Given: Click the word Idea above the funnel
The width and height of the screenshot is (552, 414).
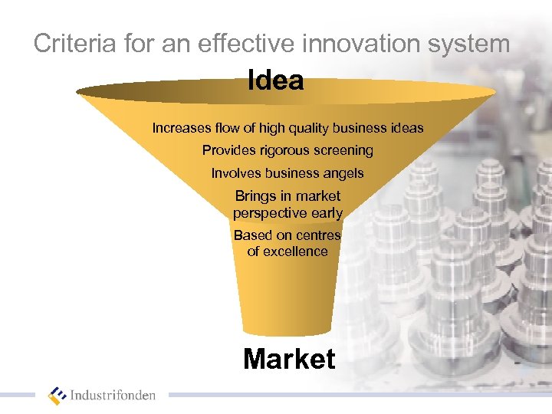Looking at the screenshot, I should tap(276, 80).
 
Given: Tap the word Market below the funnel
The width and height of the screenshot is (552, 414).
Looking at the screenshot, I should tap(289, 359).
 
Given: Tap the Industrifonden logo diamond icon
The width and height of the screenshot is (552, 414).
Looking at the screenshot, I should tap(58, 396).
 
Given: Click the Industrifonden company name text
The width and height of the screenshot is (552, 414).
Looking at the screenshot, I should tap(113, 396).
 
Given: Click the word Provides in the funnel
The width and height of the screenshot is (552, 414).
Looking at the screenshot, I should tap(227, 150).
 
